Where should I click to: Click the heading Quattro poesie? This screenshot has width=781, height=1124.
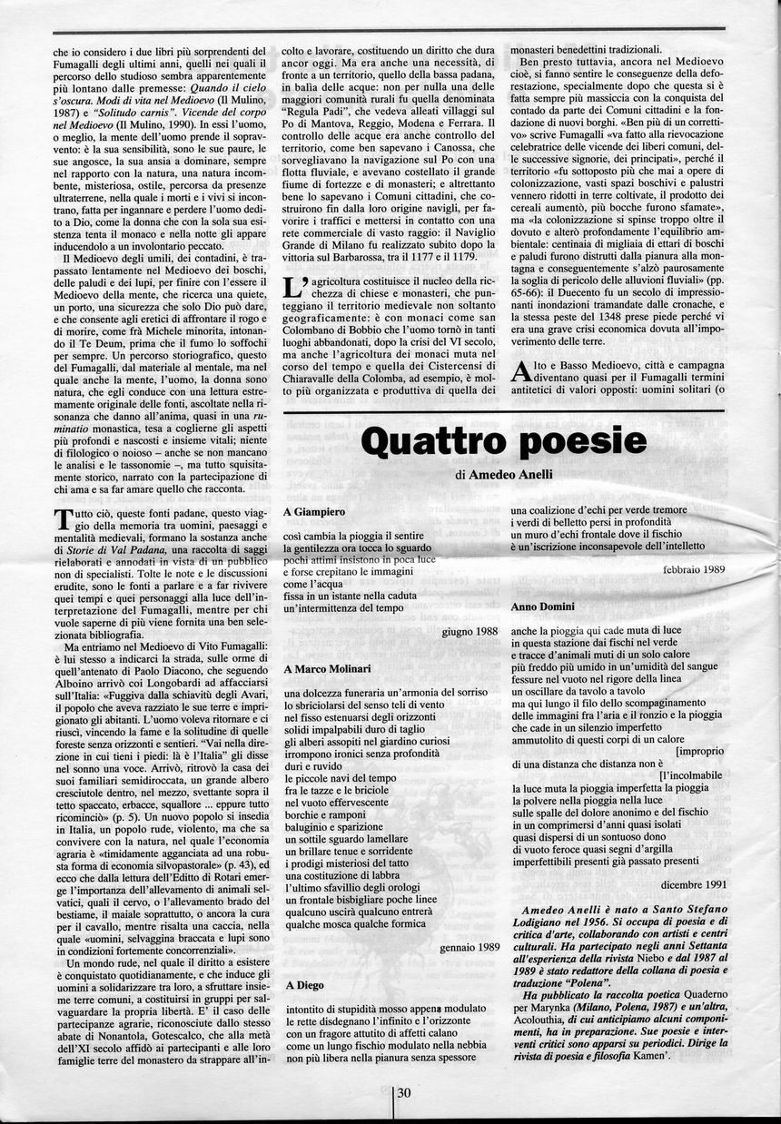pyautogui.click(x=503, y=441)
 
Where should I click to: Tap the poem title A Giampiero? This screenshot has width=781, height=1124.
pyautogui.click(x=314, y=513)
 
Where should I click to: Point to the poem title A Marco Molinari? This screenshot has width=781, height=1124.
pyautogui.click(x=328, y=669)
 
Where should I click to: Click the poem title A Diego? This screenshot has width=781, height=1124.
pyautogui.click(x=303, y=984)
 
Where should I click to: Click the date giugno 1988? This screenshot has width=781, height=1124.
pyautogui.click(x=471, y=631)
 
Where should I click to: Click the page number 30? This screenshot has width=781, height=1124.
pyautogui.click(x=405, y=1093)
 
